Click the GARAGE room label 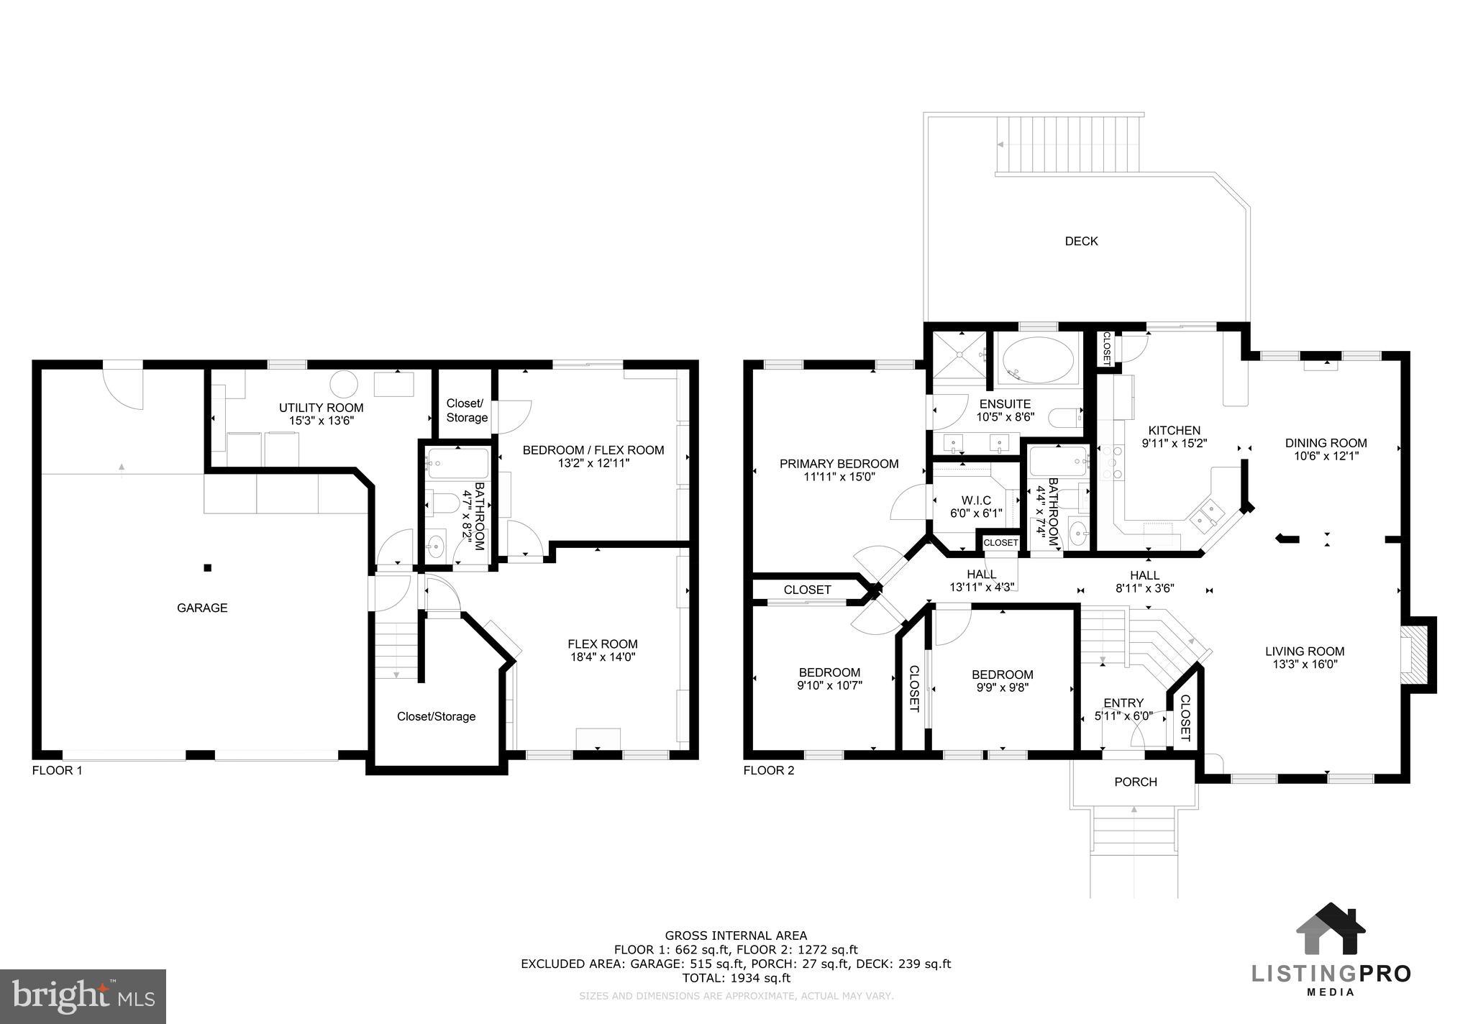(x=202, y=608)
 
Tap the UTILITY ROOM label (x=321, y=408)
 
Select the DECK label (x=1081, y=242)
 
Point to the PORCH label (x=1136, y=782)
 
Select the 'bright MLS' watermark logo (x=83, y=997)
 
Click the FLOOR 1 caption (x=58, y=770)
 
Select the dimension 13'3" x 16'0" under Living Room (x=1305, y=664)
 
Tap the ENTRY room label (x=1123, y=703)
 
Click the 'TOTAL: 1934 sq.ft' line (x=736, y=978)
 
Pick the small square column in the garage (x=207, y=568)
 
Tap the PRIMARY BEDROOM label (x=839, y=464)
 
